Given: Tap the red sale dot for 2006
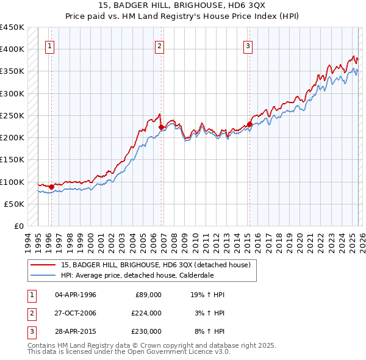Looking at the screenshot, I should point(161,128).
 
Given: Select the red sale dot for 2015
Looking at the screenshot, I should point(249,124).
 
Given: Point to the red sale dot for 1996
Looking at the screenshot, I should point(51,187).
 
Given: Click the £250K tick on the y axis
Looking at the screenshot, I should point(12,115).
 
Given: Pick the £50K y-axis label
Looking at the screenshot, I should point(15,204).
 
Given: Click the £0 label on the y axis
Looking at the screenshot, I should point(19,226).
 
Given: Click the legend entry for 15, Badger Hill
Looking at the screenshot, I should point(156,264).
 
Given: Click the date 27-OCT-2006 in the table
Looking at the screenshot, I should point(76,313).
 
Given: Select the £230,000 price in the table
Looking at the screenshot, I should point(146,331).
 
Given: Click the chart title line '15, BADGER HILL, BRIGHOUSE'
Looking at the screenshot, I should point(182,5).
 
